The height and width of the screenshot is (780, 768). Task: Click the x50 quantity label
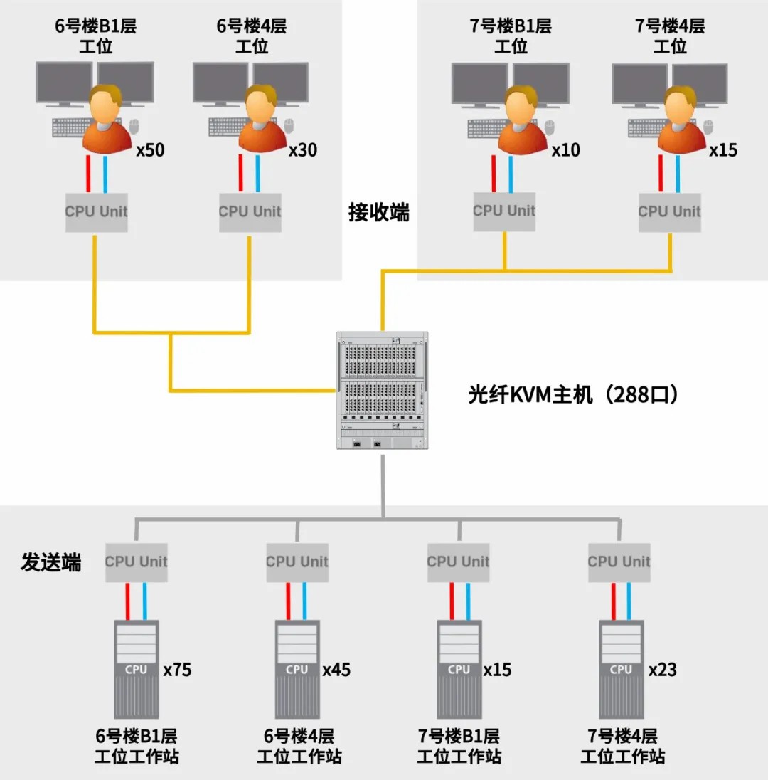point(150,150)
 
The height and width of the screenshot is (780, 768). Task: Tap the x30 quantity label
point(303,150)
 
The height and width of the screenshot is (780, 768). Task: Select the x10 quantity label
point(566,150)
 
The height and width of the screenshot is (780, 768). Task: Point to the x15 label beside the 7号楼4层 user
point(723,150)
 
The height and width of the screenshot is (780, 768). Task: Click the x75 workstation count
point(177,670)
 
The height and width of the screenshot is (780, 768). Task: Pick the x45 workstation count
point(336,670)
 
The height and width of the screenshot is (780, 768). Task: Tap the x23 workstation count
point(662,670)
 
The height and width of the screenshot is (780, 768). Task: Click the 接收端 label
point(379,212)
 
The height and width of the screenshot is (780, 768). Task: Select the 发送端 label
point(51,562)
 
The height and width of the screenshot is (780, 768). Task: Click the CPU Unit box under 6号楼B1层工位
point(97,211)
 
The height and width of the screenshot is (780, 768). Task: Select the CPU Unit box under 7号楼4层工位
point(669,211)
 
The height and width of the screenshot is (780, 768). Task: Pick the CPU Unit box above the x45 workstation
point(297,562)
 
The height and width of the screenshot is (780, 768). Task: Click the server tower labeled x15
point(459,669)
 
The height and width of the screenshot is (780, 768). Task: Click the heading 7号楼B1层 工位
point(511,36)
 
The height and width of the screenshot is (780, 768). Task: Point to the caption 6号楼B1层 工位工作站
point(137,746)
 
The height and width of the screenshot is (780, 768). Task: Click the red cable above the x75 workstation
point(129,601)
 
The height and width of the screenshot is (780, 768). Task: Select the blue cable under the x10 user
point(511,174)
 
